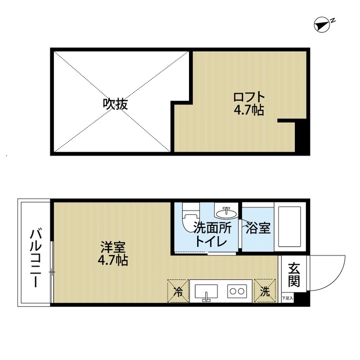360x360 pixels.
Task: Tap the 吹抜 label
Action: coord(116,104)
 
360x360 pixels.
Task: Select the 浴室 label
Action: coord(258,229)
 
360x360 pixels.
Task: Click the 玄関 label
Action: coord(294,275)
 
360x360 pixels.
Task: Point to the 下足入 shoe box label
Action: coord(287,298)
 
